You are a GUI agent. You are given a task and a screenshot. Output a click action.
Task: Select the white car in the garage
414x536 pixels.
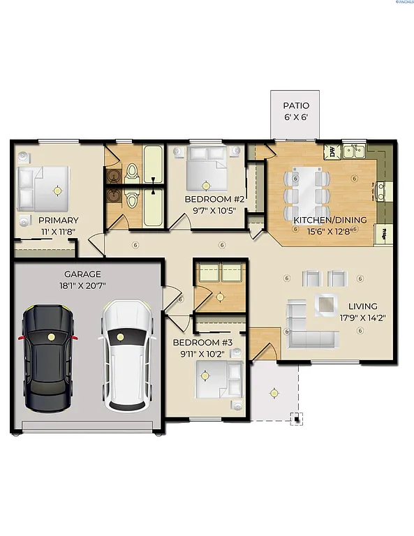point(125,354)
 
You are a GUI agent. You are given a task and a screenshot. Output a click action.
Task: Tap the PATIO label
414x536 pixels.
point(295,106)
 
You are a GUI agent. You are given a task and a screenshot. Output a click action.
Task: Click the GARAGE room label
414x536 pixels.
point(82,274)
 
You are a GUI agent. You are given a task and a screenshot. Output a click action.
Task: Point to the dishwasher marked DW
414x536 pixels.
point(333,151)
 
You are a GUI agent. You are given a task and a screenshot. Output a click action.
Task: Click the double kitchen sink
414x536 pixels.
point(356,151)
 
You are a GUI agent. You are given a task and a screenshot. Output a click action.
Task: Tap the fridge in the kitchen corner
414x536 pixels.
point(383,235)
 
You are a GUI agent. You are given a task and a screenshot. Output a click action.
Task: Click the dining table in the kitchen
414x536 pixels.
point(307,193)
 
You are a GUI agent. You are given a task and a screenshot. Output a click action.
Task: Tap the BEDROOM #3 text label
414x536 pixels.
point(202,343)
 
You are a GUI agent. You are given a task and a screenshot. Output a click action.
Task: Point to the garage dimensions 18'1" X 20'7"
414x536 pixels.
point(82,285)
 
